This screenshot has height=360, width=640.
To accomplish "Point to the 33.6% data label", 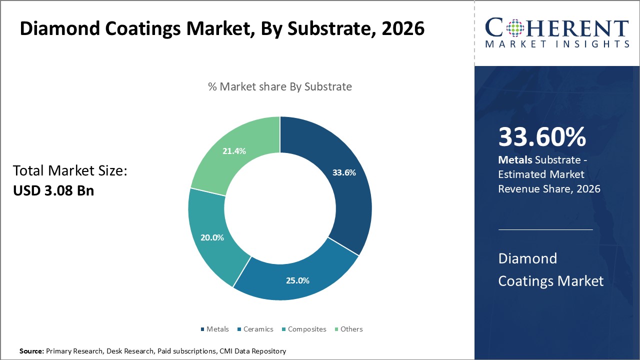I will (x=344, y=173).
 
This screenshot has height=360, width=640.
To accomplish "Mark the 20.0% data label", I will (x=212, y=237).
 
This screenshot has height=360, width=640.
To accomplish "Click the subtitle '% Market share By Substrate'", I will (x=280, y=86).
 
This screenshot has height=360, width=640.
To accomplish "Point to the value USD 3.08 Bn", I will (x=53, y=190).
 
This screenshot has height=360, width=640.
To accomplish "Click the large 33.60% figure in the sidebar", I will (x=542, y=137).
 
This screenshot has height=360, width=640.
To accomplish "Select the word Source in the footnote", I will (x=31, y=351).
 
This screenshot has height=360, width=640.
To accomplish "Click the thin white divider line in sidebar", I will (x=545, y=229).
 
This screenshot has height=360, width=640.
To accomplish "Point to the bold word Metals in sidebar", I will (x=515, y=160).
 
